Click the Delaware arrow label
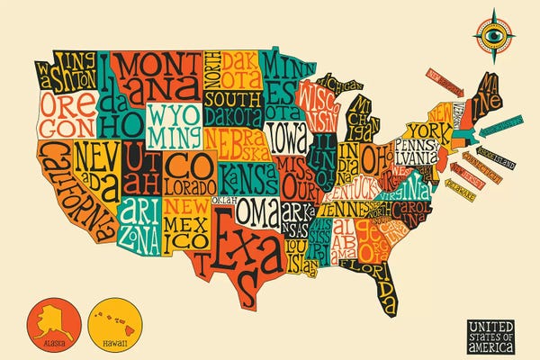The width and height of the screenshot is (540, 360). tap(466, 191)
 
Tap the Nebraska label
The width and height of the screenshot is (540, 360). tap(232, 142)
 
